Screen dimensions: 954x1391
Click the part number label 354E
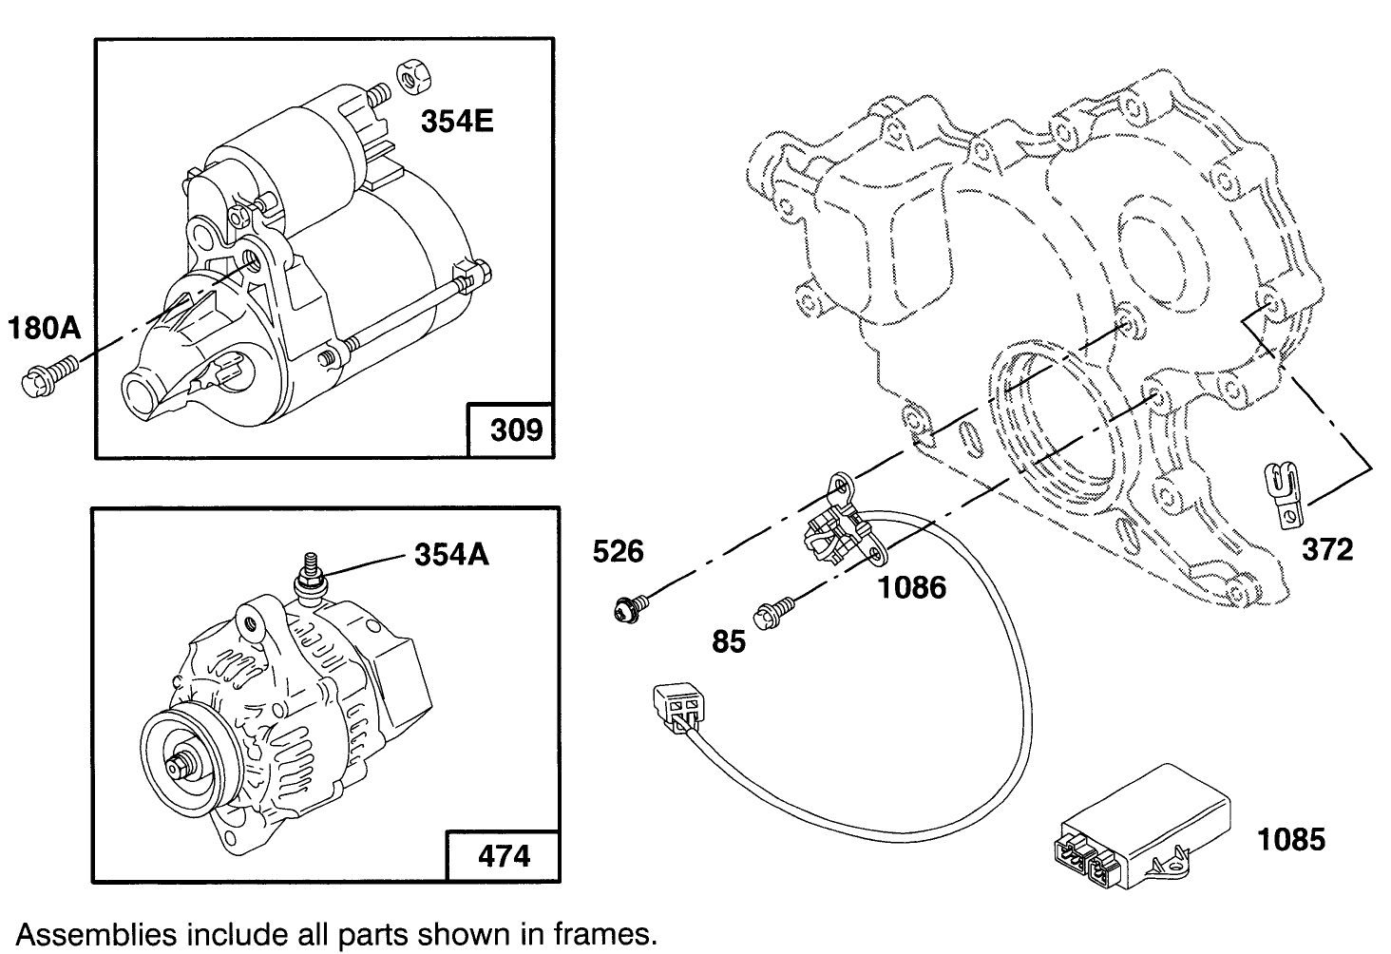click(x=457, y=122)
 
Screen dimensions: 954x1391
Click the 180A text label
click(x=45, y=329)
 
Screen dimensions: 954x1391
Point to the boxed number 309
click(x=515, y=430)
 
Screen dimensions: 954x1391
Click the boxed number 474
click(x=504, y=856)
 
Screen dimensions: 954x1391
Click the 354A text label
click(x=451, y=554)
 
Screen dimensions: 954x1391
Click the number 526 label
click(x=619, y=552)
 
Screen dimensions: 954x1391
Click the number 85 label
click(x=729, y=642)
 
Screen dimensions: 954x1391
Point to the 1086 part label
click(x=911, y=587)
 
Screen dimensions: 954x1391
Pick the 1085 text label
click(x=1290, y=839)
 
